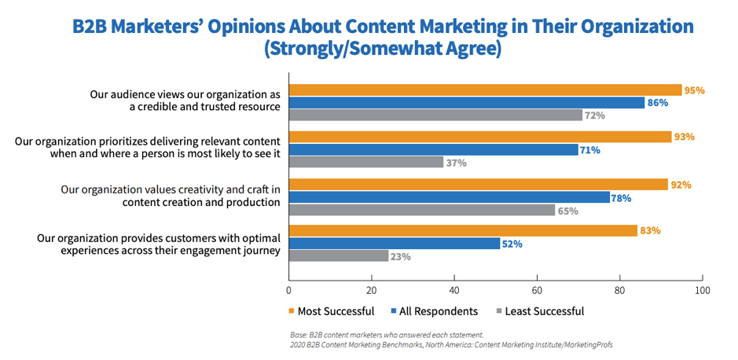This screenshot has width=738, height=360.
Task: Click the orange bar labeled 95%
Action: [x=485, y=90]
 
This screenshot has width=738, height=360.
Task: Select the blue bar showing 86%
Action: [x=467, y=102]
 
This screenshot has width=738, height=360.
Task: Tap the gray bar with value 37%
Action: [x=366, y=162]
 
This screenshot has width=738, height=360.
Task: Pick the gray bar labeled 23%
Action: [x=339, y=255]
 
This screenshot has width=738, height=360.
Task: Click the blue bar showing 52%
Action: [x=395, y=244]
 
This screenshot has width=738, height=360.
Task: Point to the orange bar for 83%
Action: [x=463, y=231]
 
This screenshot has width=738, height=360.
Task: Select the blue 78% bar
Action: [x=450, y=197]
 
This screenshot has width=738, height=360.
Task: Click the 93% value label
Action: [x=684, y=137]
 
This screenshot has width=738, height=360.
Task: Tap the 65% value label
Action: [x=568, y=211]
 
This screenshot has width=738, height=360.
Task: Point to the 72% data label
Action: [x=594, y=116]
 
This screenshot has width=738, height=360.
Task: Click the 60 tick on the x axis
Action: [x=537, y=290]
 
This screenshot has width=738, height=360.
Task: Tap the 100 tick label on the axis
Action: [x=702, y=290]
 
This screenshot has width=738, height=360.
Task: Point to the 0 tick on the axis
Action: [x=289, y=290]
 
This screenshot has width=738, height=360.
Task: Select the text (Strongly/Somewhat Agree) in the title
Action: [x=383, y=50]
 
